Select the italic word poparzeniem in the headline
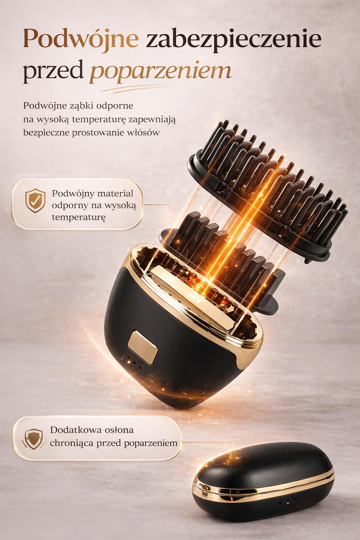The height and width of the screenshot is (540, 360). (160, 71)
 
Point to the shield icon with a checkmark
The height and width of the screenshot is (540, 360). (35, 201)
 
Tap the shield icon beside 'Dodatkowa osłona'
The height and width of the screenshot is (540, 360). (33, 438)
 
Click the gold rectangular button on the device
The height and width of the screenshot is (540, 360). (142, 347)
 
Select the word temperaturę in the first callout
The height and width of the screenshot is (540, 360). (78, 217)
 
